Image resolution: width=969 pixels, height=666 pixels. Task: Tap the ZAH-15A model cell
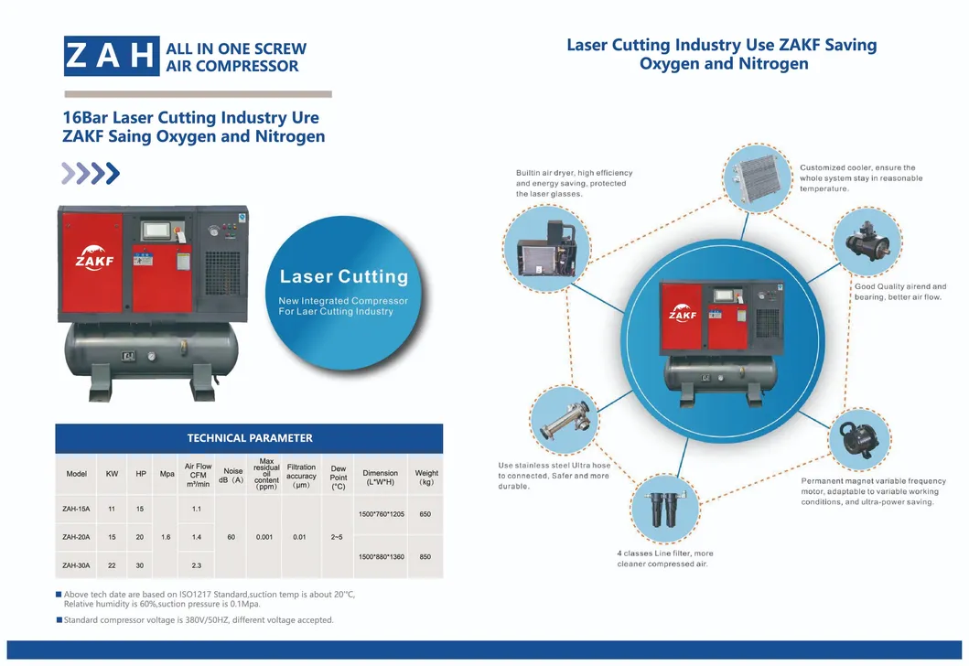76,508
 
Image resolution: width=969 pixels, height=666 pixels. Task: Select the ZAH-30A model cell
76,565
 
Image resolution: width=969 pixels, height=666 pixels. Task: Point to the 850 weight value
425,556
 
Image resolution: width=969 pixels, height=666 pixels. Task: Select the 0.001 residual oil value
266,537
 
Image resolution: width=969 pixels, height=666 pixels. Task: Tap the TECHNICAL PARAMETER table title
249,438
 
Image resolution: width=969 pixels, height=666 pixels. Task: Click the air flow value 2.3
196,565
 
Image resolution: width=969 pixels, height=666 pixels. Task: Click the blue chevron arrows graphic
90,172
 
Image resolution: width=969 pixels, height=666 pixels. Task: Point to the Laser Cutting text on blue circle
343,276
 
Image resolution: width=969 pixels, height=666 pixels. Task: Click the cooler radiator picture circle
757,179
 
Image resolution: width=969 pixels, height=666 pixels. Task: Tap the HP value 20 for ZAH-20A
140,537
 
